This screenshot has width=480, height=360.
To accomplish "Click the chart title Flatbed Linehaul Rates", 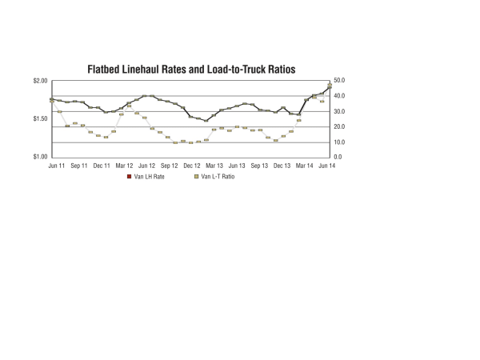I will pos(191,70).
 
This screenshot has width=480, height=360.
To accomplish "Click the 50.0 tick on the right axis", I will pos(338,81).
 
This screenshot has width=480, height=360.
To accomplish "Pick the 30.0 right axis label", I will pos(338,111).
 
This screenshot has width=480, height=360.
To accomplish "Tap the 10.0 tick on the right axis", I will pos(338,142).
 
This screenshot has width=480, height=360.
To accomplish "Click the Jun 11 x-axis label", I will pos(57,165).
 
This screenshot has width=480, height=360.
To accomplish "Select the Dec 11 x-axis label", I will pos(102,165).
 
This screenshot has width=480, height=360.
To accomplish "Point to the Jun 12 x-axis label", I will pos(146,165).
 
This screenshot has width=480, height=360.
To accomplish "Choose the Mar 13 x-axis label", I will pos(214,165).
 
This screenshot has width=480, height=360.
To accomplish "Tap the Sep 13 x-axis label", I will pos(259,165).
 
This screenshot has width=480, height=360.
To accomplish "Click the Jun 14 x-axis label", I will pos(327,165).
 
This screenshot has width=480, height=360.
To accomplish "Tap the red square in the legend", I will pos(130,176).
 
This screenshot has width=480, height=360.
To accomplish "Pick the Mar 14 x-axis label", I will pos(305,165).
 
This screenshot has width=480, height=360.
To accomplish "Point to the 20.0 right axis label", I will pos(338,126).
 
